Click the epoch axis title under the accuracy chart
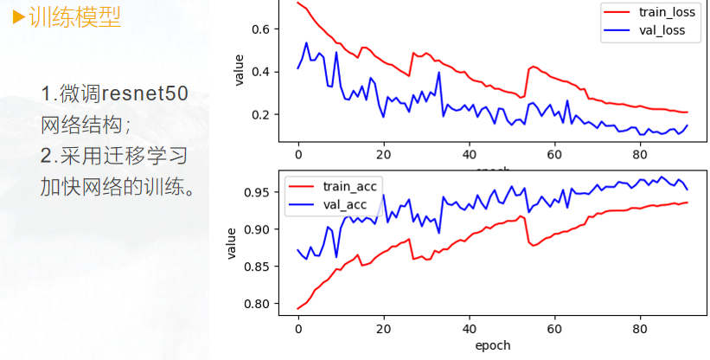coord(493,345)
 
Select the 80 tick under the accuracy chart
coord(640,329)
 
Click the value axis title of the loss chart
coord(240,69)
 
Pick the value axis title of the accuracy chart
coord(231,243)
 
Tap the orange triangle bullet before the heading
coord(18,17)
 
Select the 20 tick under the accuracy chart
coord(383,329)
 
